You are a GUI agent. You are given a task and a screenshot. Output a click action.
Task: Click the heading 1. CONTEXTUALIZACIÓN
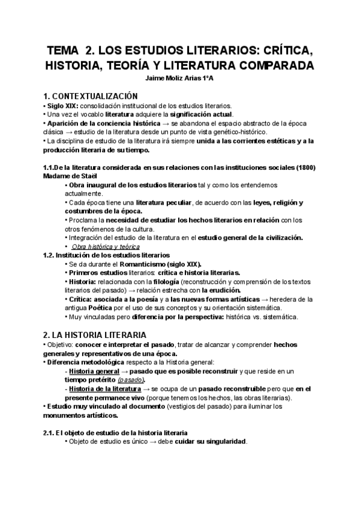coord(91,96)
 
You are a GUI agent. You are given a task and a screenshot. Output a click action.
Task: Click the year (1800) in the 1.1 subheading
coord(303,167)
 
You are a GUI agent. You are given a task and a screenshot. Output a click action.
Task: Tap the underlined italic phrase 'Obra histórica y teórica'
coord(105,246)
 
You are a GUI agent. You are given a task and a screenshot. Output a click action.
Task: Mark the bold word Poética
coord(85,308)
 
